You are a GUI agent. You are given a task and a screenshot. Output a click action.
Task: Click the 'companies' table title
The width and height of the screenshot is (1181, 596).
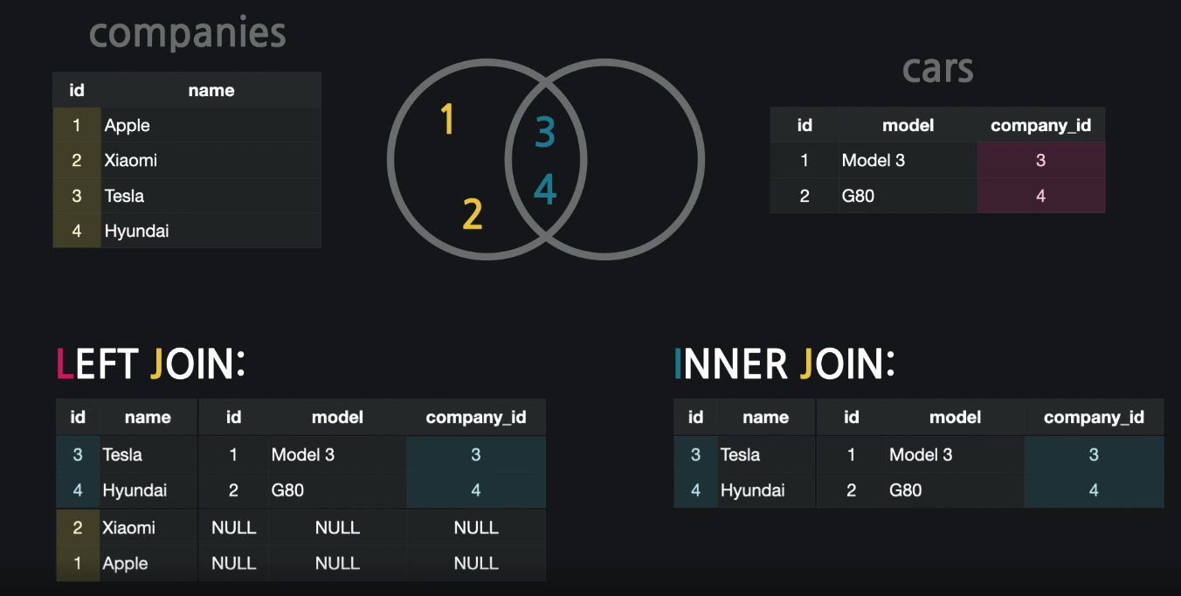[187, 34]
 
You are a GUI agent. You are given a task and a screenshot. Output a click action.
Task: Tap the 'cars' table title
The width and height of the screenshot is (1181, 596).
[937, 69]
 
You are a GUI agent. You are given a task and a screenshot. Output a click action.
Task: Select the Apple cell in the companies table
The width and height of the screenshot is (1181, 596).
[128, 125]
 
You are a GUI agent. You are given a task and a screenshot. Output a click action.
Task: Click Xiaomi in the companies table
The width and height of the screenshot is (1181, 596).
[131, 160]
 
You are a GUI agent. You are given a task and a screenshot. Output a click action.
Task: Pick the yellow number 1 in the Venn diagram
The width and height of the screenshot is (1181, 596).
[447, 119]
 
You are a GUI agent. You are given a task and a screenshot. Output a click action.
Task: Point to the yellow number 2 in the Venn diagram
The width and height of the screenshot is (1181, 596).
[472, 214]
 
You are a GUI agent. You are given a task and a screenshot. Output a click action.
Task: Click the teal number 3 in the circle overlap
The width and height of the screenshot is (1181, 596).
[545, 133]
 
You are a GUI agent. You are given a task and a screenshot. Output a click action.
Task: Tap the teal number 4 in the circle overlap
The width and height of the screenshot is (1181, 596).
[545, 189]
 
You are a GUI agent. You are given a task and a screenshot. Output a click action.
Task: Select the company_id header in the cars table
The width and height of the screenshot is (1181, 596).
[1040, 125]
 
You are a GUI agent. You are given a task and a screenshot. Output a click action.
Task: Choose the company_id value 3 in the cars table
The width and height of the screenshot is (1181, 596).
[1040, 161]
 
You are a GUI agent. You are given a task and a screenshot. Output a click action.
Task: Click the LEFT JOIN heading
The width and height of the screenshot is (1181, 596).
[150, 364]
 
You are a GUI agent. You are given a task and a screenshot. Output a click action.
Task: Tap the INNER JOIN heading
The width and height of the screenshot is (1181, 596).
[784, 364]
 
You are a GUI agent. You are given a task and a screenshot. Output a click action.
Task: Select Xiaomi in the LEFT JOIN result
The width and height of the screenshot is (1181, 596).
[128, 528]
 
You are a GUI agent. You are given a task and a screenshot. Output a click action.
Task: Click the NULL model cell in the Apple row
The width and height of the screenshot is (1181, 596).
[337, 564]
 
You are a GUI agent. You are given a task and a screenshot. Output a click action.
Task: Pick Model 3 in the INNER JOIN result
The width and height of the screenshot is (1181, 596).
[921, 454]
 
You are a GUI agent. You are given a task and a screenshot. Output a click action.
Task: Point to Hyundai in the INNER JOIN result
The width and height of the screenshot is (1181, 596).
[752, 490]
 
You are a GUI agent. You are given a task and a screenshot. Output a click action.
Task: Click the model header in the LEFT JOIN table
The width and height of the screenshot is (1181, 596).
[337, 418]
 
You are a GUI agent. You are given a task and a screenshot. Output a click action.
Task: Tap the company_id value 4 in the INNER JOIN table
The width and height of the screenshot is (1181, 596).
[1094, 490]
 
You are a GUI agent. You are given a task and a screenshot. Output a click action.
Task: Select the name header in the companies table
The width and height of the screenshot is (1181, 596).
[211, 90]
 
